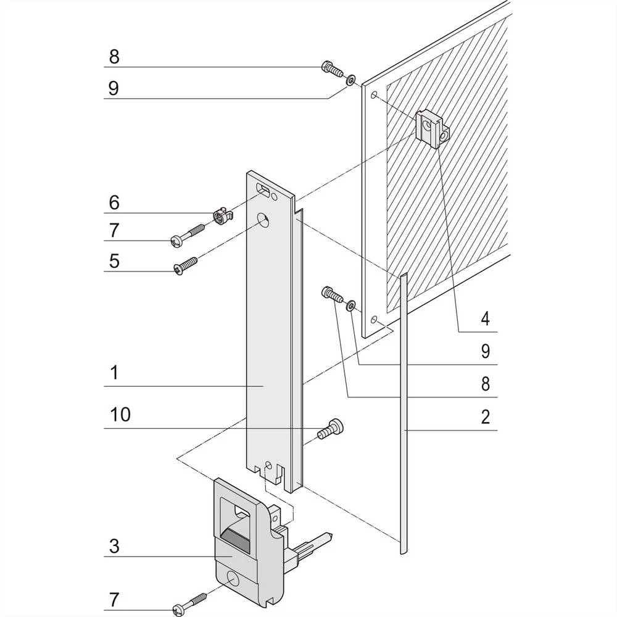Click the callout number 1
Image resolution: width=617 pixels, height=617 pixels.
pyautogui.click(x=114, y=373)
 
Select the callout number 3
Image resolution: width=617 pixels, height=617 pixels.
pyautogui.click(x=114, y=546)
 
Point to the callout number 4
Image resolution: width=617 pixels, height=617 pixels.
pyautogui.click(x=486, y=319)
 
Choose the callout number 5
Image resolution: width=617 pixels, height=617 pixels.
pyautogui.click(x=114, y=260)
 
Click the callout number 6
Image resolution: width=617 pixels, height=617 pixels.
pyautogui.click(x=114, y=202)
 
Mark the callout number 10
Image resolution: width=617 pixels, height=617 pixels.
pyautogui.click(x=120, y=415)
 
